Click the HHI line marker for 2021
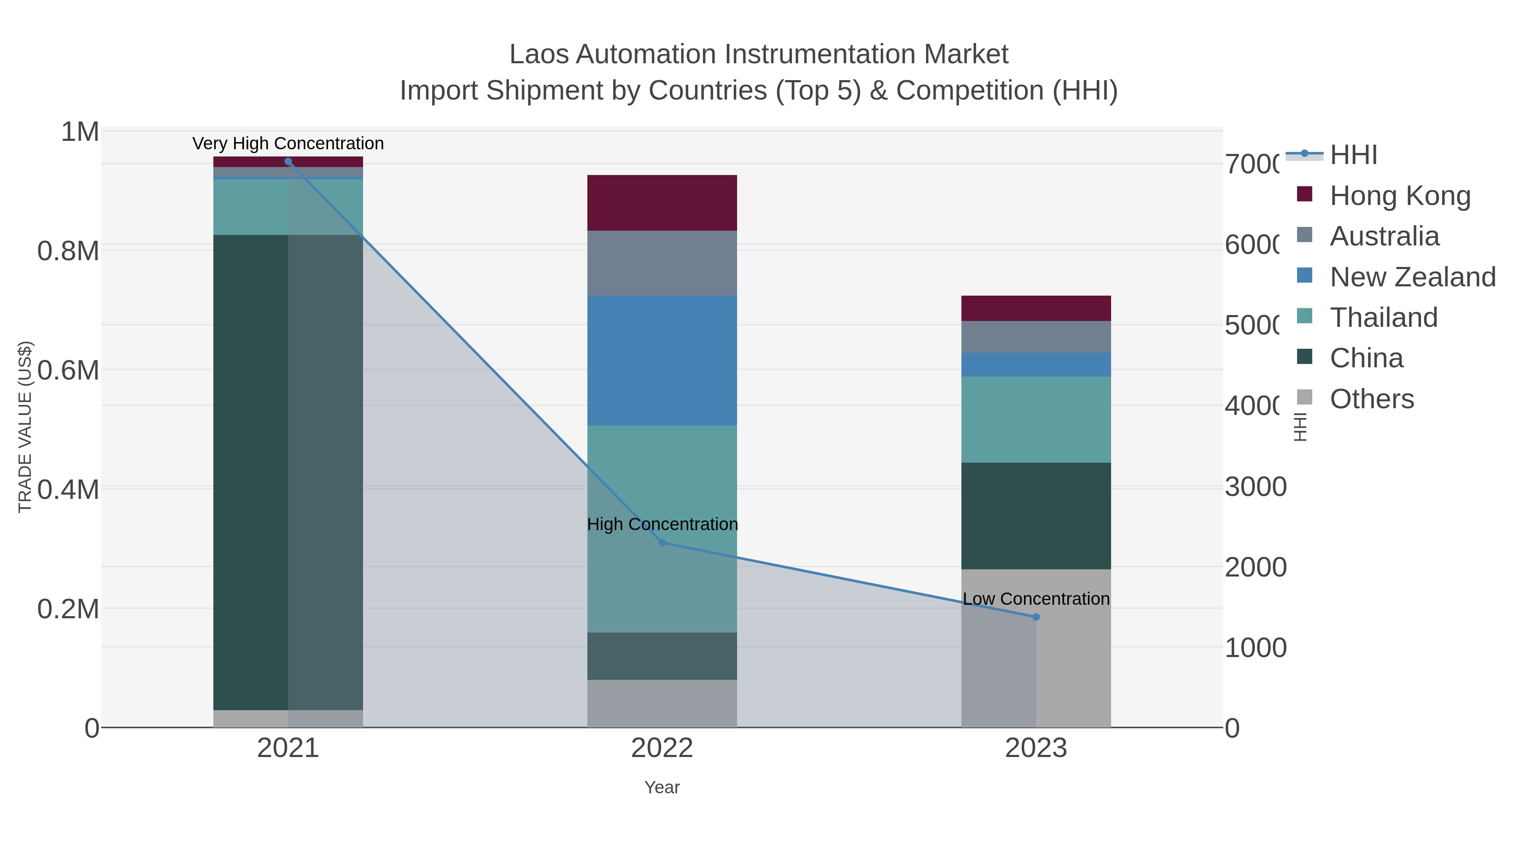coord(288,162)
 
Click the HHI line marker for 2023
coord(1036,617)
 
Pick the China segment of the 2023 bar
coord(1036,516)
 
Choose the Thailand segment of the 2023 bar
coord(1036,420)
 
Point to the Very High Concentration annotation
coord(288,143)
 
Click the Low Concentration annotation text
coord(1036,599)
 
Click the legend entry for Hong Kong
coord(1400,196)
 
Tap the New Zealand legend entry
coord(1412,277)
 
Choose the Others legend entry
coord(1371,399)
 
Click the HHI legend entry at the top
coord(1353,155)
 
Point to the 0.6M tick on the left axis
coord(68,371)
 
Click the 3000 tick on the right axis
coord(1255,487)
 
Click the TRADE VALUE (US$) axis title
coord(25,427)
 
